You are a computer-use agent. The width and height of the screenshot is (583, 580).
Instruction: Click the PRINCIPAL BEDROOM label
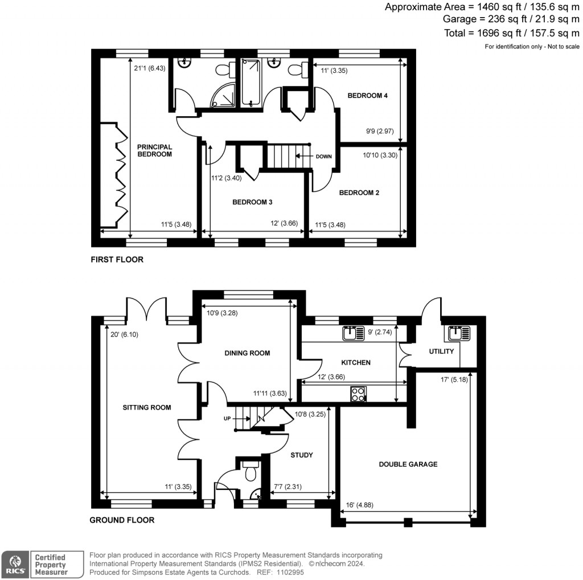pos(154,150)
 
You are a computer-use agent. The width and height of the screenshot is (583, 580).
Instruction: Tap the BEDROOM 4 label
pos(367,96)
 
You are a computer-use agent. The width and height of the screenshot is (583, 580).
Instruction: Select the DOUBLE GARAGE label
pos(408,464)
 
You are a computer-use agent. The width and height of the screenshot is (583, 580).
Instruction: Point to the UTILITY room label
pos(441,352)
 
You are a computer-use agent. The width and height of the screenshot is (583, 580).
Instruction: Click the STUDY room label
pos(302,455)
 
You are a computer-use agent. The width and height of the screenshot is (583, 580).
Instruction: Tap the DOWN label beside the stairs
pos(323,156)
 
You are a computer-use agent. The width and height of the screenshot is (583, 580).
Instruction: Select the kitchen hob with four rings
pos(359,394)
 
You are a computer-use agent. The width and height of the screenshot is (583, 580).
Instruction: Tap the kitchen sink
pos(354,333)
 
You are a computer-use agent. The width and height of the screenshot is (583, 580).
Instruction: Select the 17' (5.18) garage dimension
pos(454,381)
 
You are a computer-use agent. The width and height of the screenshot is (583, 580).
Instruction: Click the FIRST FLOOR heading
pos(117,260)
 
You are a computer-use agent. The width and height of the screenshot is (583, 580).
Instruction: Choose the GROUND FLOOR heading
pos(122,520)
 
